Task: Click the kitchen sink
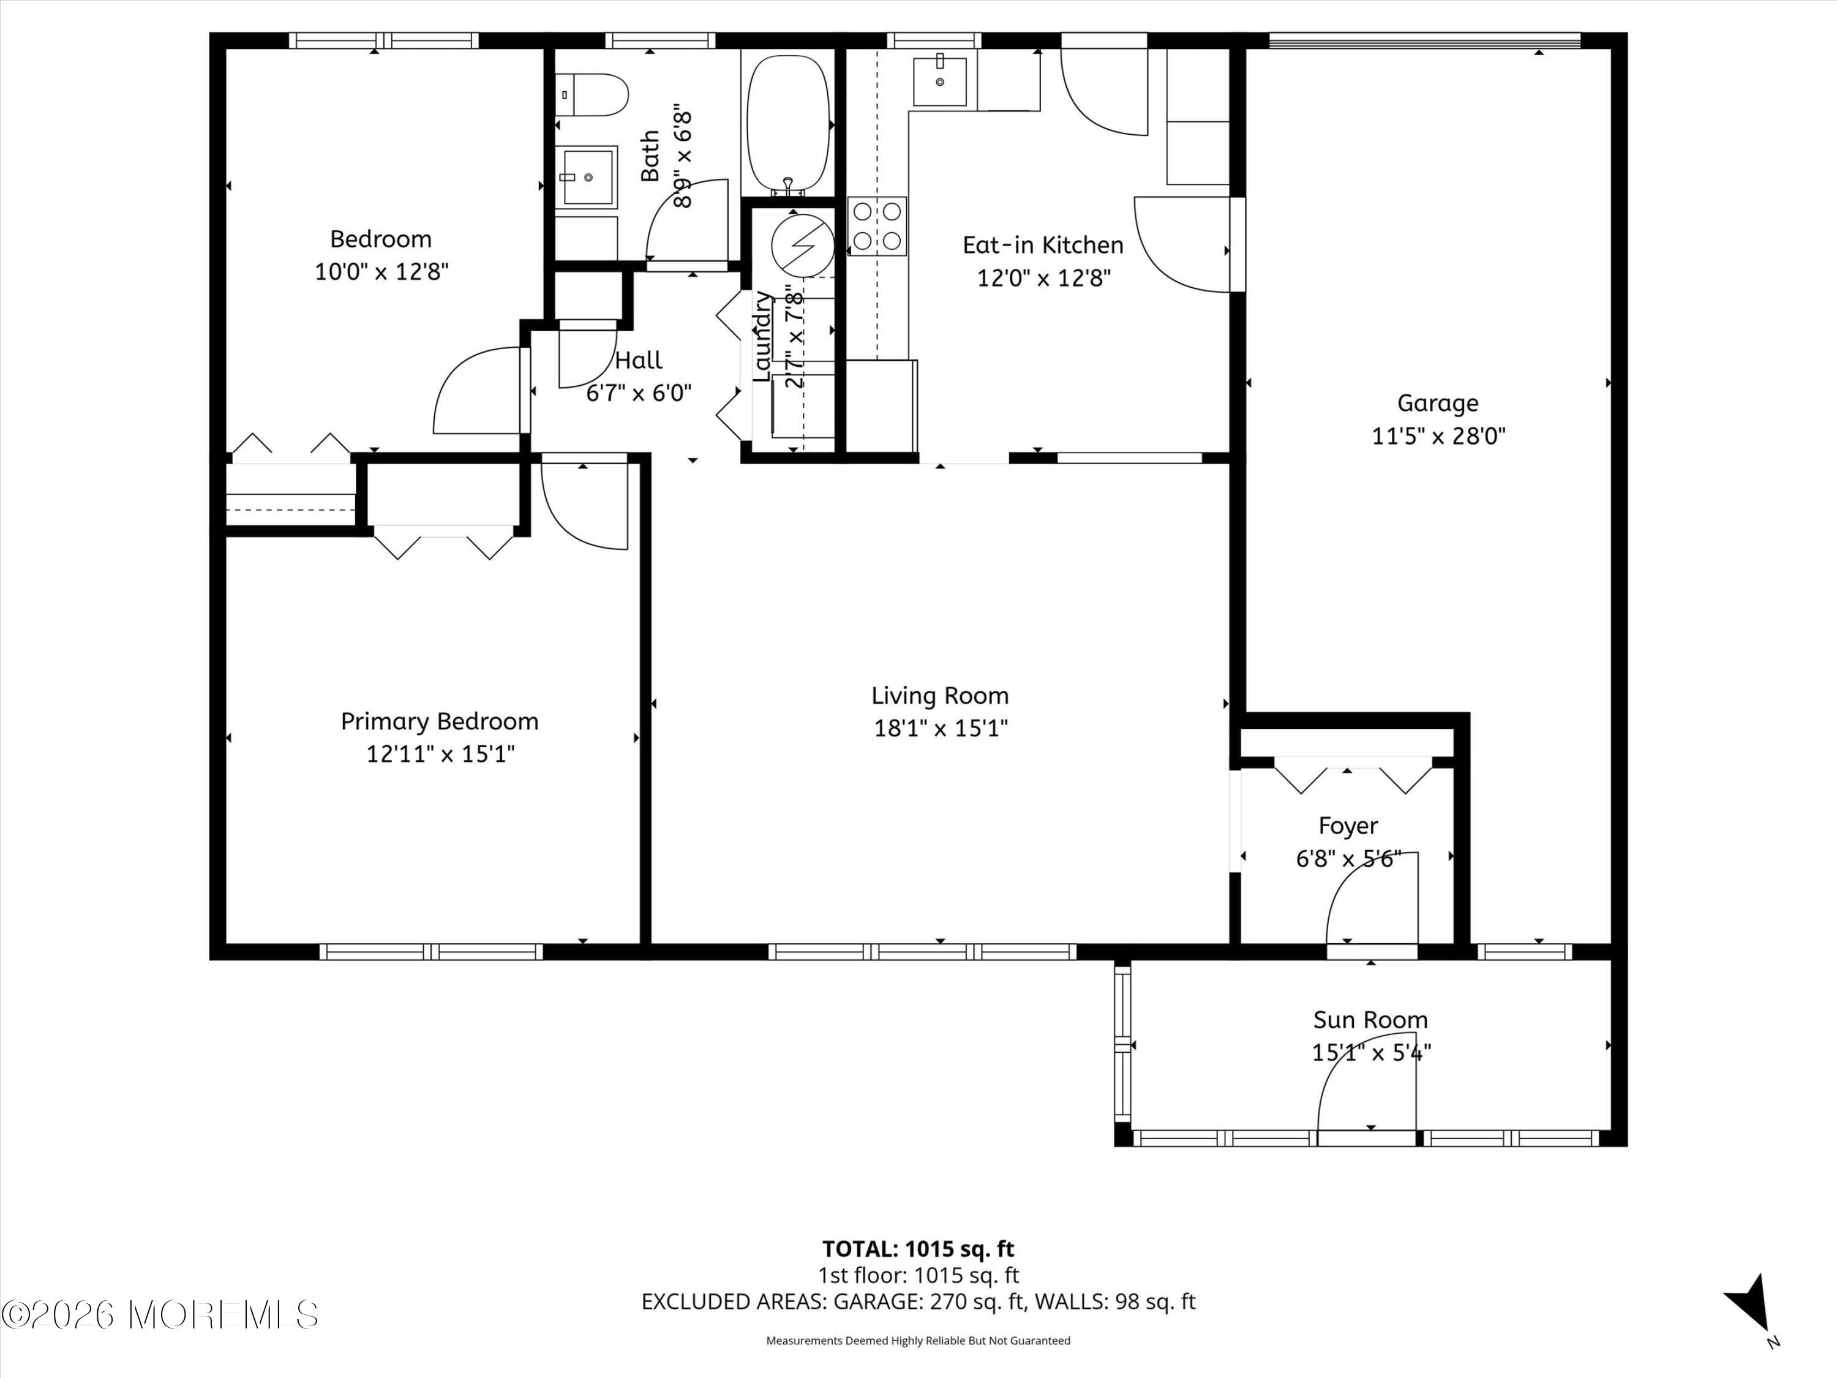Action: point(940,81)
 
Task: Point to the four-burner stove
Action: point(877,225)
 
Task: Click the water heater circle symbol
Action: point(802,245)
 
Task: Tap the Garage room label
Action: point(1438,403)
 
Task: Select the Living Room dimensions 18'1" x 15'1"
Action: point(940,728)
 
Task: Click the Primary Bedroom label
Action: point(439,721)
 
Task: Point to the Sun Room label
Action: point(1370,1019)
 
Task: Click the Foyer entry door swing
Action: point(1370,902)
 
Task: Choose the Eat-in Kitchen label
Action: point(1042,245)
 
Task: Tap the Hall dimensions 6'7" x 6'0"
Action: point(639,393)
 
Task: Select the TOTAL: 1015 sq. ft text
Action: point(918,1248)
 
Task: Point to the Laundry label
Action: point(762,336)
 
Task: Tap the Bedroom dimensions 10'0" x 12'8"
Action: point(381,271)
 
